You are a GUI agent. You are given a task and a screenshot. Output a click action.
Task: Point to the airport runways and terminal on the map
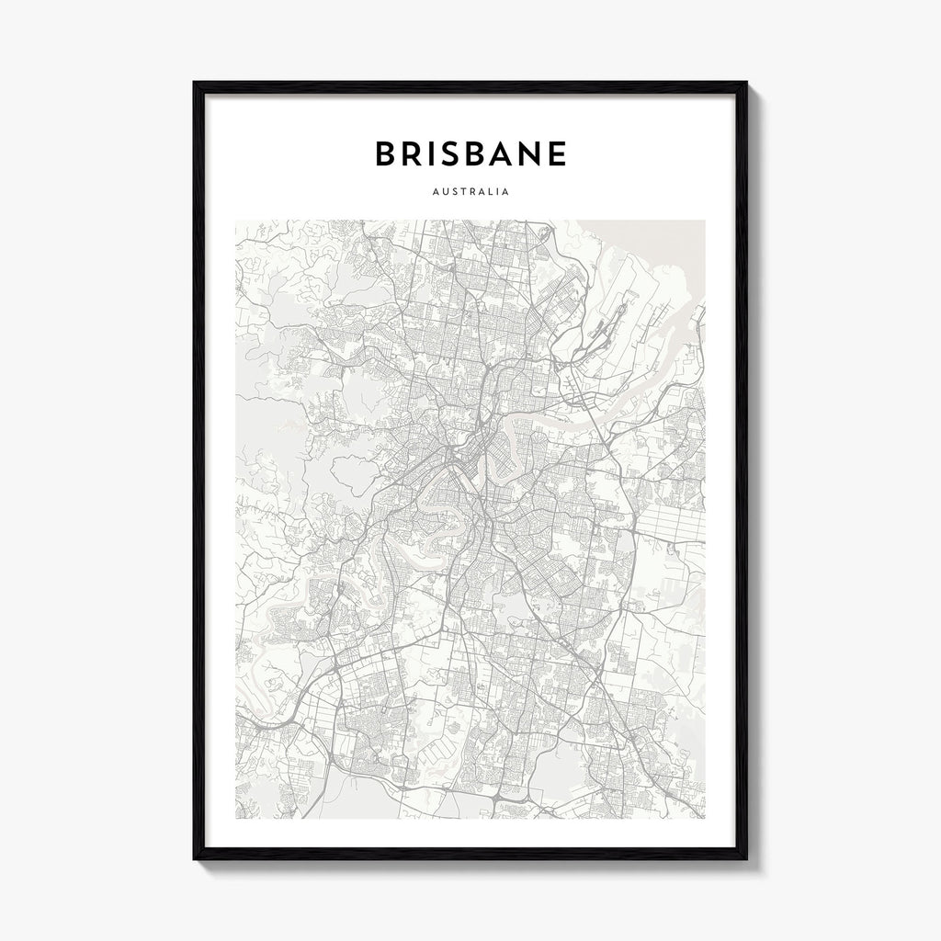[x=610, y=312]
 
